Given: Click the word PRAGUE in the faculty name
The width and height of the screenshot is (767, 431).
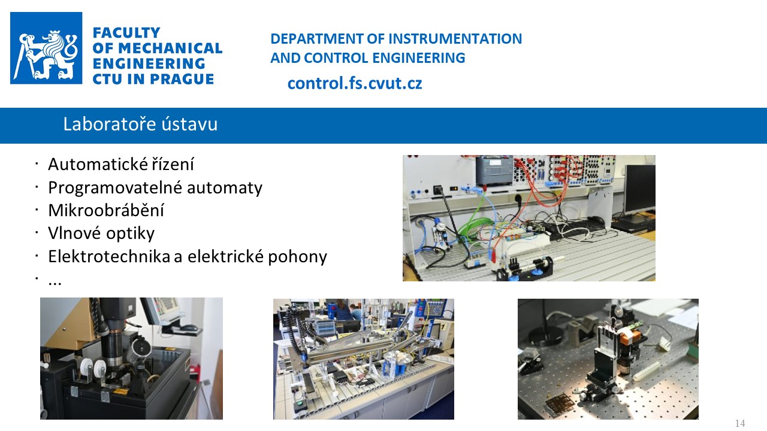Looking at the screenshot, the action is point(182,79).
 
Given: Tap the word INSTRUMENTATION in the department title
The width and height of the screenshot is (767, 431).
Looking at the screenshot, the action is point(455,39).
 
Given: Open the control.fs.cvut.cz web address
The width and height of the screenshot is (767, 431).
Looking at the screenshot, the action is point(355,83).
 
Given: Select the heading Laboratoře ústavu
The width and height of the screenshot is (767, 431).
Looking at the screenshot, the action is point(140,124).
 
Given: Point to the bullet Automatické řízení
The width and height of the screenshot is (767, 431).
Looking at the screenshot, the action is point(121,164).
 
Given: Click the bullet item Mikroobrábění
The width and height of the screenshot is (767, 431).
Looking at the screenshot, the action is point(106,210).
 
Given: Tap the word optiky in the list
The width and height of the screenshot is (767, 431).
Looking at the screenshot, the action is point(130,233).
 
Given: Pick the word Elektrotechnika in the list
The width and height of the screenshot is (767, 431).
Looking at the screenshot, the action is point(109,256).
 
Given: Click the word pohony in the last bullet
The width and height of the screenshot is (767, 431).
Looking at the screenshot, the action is point(297,257).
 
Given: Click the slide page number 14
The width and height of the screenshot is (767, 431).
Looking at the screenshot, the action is point(740,423).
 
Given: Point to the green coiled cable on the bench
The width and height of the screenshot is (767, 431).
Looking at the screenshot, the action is point(476,226).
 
